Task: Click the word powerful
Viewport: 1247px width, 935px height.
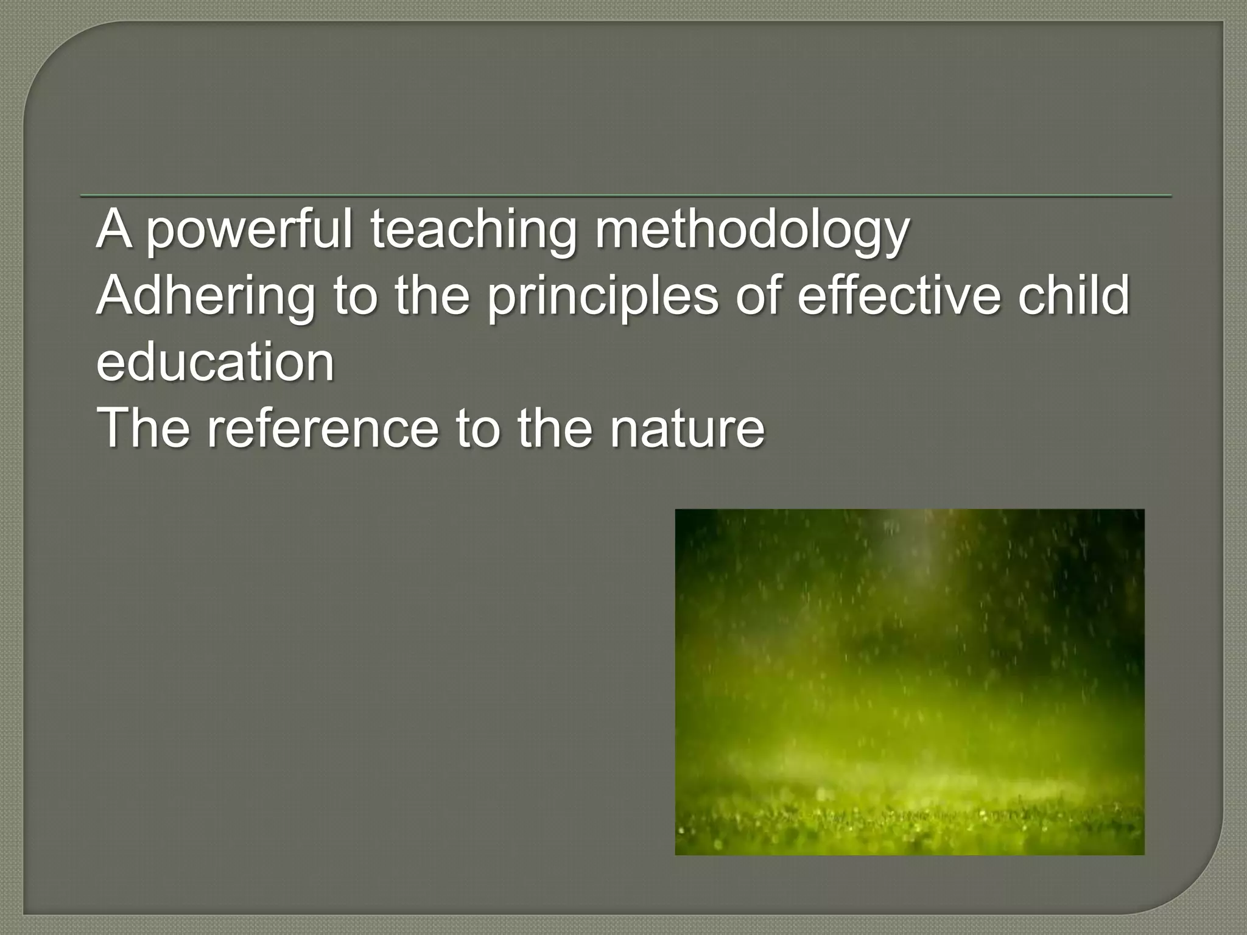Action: click(x=249, y=230)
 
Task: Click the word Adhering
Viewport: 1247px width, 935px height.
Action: click(x=206, y=296)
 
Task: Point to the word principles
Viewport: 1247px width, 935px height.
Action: click(x=602, y=296)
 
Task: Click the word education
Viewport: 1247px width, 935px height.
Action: click(x=216, y=363)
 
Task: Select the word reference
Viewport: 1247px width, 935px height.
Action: click(x=322, y=429)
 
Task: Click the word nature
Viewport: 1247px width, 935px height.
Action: click(x=687, y=429)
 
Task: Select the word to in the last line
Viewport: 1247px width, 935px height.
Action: click(x=477, y=429)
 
